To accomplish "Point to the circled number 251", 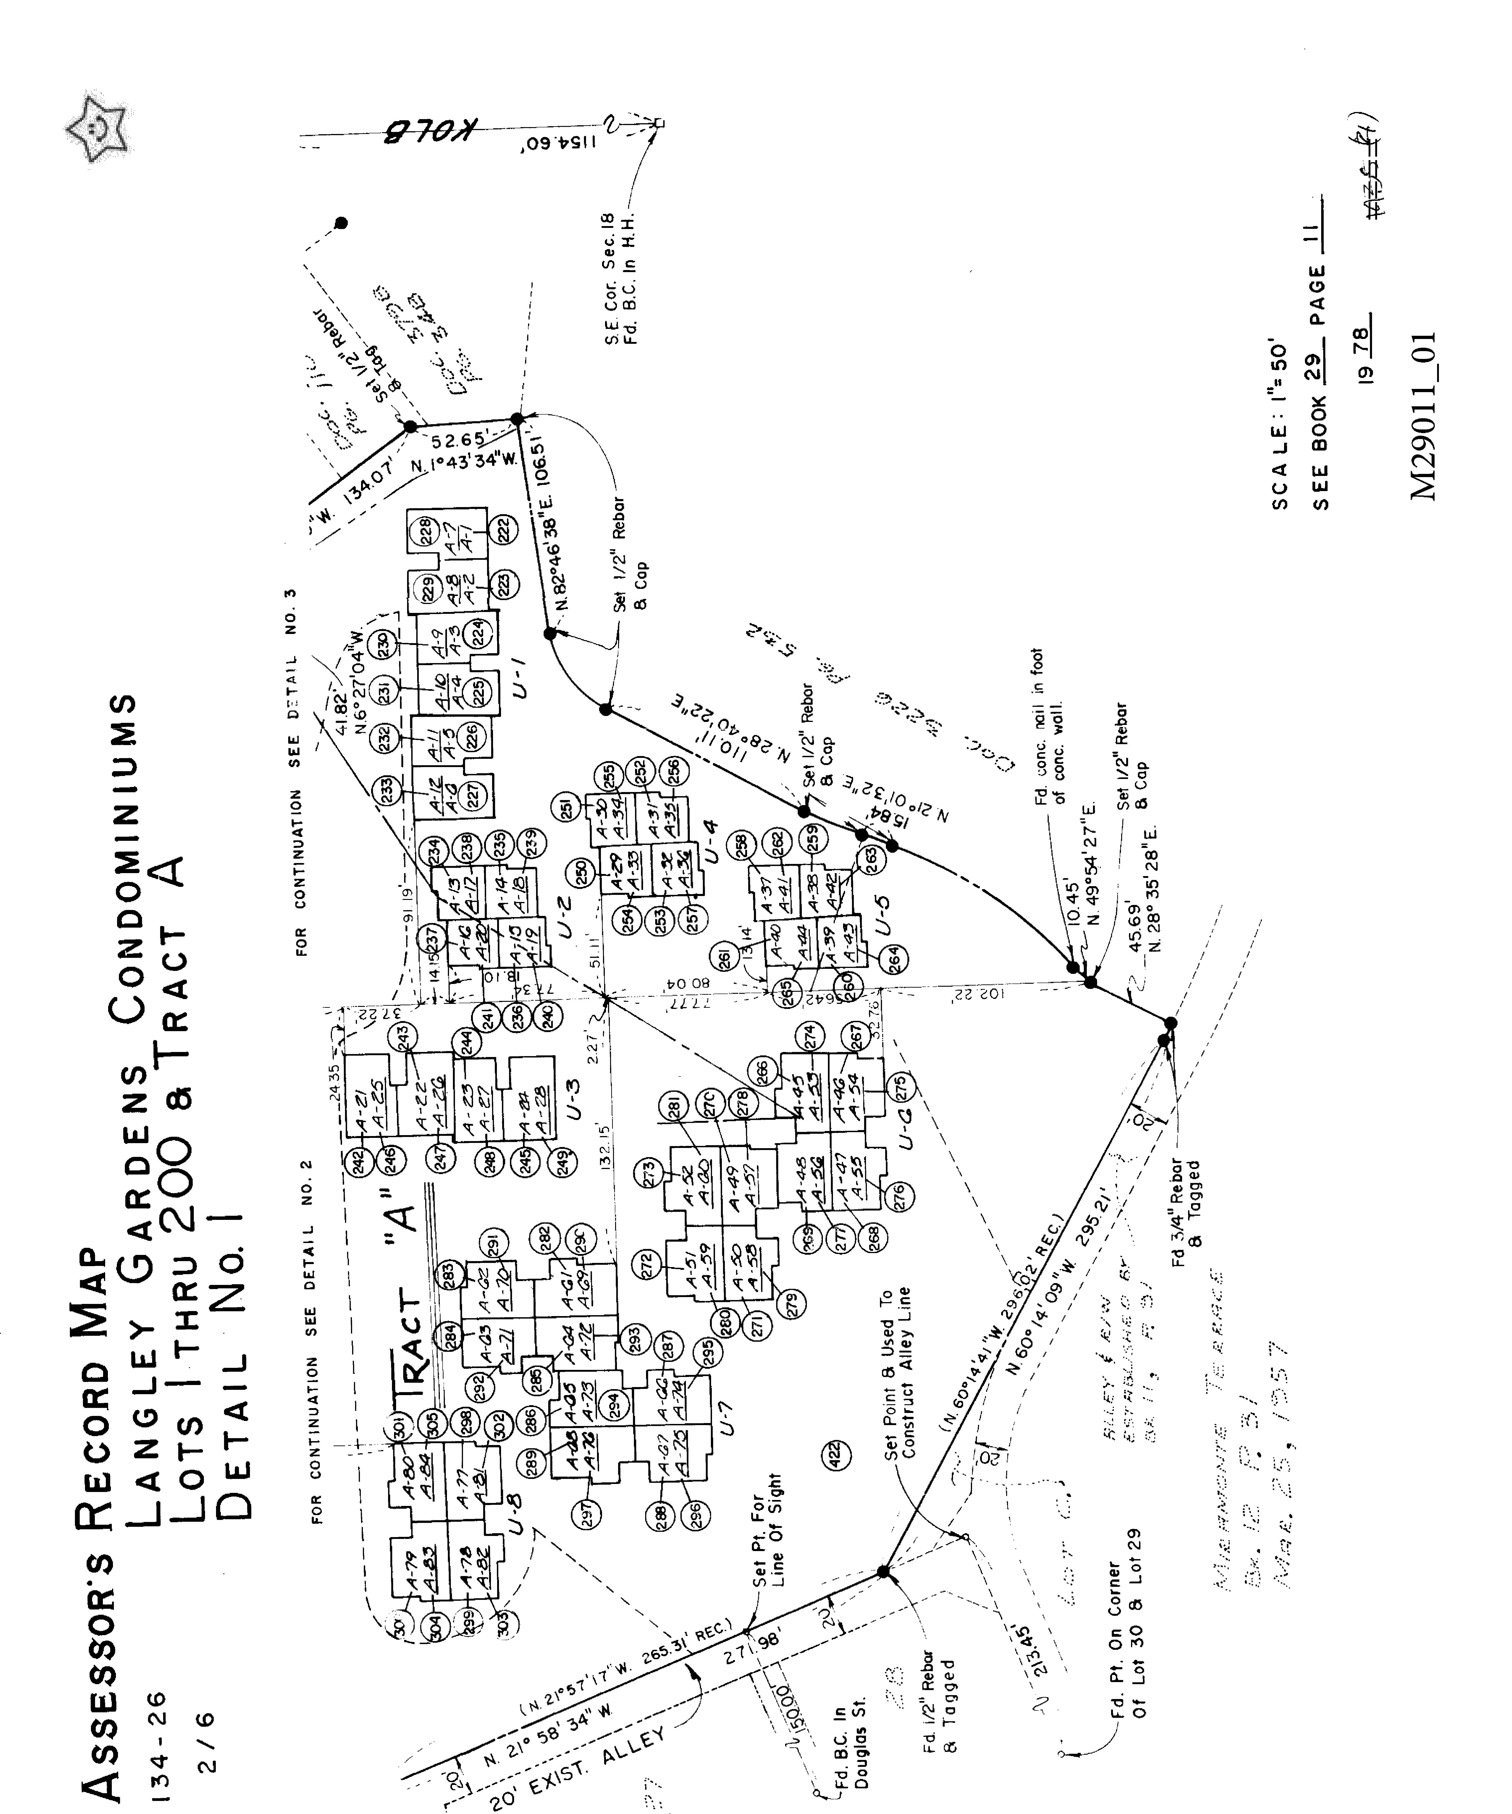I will click(x=566, y=809).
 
